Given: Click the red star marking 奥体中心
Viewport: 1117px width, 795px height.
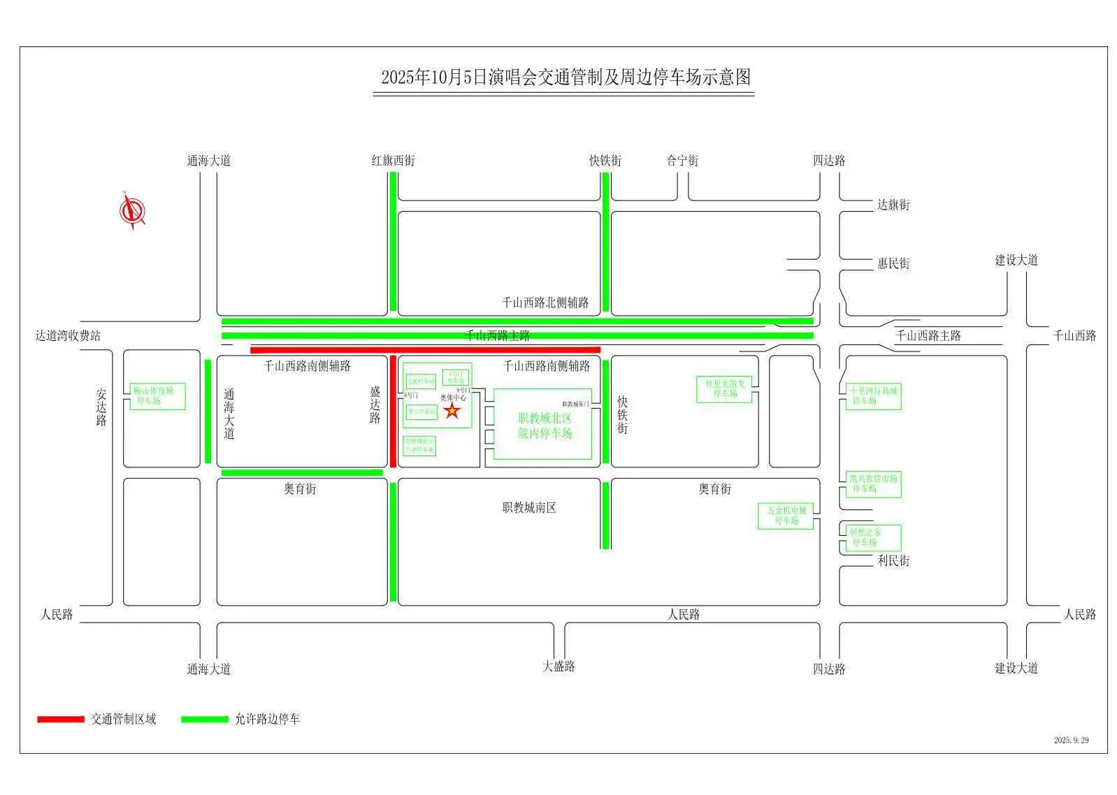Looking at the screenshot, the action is (452, 411).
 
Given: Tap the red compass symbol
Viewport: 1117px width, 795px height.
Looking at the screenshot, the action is (132, 210).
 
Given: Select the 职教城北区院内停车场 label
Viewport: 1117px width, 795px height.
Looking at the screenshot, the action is (545, 425).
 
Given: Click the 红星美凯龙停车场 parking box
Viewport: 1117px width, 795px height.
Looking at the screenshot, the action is (725, 389).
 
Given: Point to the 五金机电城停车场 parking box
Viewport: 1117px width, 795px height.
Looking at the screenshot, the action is (786, 516).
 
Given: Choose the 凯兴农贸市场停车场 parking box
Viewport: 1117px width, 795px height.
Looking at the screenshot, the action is (872, 484).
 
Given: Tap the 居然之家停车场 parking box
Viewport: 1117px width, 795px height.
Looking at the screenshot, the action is (871, 537).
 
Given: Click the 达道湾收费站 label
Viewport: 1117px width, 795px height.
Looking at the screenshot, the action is (68, 336).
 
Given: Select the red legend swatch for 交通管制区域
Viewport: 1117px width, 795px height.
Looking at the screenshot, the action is (61, 720).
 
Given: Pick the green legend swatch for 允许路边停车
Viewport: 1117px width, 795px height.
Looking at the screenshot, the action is (204, 720).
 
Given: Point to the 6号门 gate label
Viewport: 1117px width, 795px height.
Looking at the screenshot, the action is (411, 395).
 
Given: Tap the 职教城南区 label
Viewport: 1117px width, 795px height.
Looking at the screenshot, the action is (529, 508).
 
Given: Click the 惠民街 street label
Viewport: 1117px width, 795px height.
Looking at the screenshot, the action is (893, 263).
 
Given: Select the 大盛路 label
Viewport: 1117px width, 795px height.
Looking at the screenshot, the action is (558, 666).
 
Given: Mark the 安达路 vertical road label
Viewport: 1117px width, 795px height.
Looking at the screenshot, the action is (101, 407).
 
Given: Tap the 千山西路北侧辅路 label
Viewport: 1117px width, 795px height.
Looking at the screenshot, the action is (545, 302).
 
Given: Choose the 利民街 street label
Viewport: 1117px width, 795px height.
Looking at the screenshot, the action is (893, 560).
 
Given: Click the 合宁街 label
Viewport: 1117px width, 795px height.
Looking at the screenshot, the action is (682, 161).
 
